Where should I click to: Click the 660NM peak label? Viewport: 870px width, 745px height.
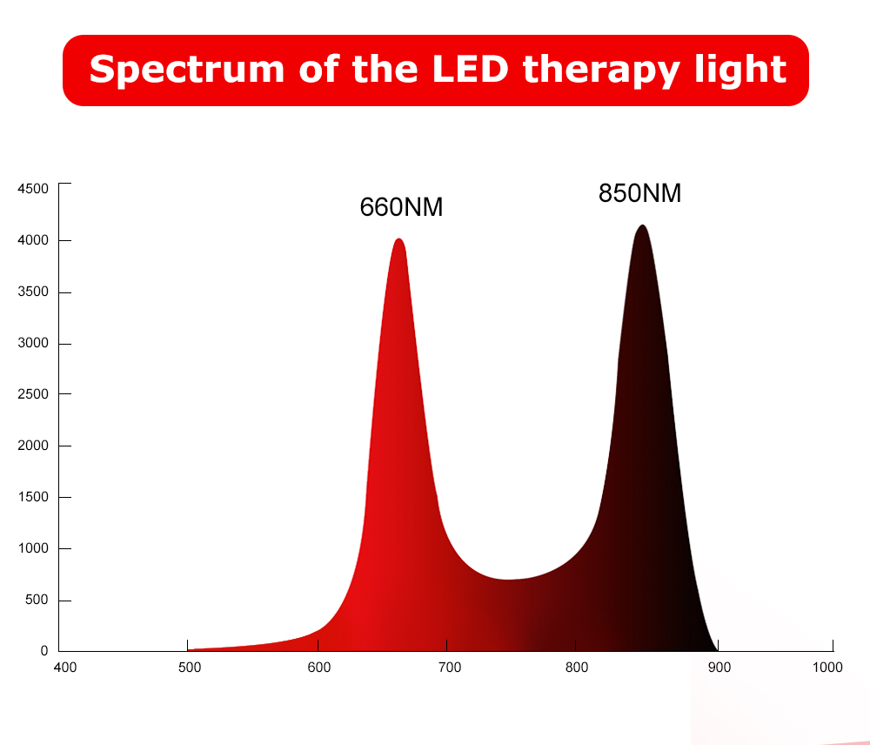pos(401,207)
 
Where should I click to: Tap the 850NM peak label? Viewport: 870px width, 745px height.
pos(639,192)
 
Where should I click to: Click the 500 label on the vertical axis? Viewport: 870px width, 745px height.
pos(37,601)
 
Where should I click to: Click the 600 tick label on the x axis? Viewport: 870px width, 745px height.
pos(319,668)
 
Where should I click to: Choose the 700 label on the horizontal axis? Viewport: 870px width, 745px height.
pos(449,668)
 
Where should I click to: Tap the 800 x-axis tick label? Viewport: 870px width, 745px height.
pos(577,668)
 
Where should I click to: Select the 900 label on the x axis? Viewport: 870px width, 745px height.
pos(719,668)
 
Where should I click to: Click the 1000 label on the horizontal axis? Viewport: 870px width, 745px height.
pos(827,668)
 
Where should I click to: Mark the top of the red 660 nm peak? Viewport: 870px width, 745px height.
pos(398,240)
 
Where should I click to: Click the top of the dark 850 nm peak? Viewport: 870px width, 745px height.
pos(642,226)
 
